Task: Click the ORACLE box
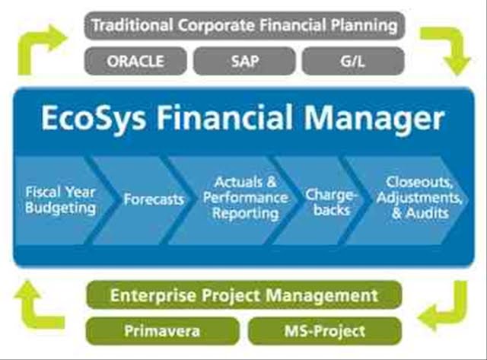click(135, 61)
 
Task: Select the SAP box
click(244, 61)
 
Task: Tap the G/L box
click(353, 61)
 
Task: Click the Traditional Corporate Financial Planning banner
click(245, 25)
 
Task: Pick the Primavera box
click(162, 331)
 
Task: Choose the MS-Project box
click(325, 331)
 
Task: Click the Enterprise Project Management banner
click(243, 295)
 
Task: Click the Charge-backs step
click(323, 200)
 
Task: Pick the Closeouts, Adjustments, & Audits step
click(410, 200)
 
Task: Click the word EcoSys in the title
click(94, 119)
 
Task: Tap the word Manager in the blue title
click(374, 119)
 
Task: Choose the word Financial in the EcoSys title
click(224, 117)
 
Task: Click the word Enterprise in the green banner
click(153, 296)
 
